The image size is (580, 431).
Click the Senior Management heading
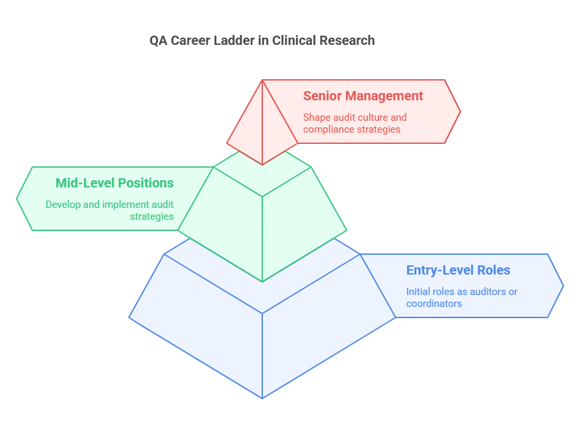coord(363,96)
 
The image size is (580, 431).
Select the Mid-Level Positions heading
coord(114,183)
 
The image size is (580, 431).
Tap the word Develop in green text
coord(64,205)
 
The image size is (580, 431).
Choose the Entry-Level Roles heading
coord(458,270)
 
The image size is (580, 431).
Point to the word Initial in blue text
coord(419,292)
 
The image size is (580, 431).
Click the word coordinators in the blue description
coord(433,304)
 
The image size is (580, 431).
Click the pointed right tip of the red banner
coord(460,112)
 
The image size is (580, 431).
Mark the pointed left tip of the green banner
coord(17,198)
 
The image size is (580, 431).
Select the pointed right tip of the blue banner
coord(563,286)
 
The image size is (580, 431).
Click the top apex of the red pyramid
coord(262,81)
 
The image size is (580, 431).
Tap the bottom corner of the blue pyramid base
coord(262,397)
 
